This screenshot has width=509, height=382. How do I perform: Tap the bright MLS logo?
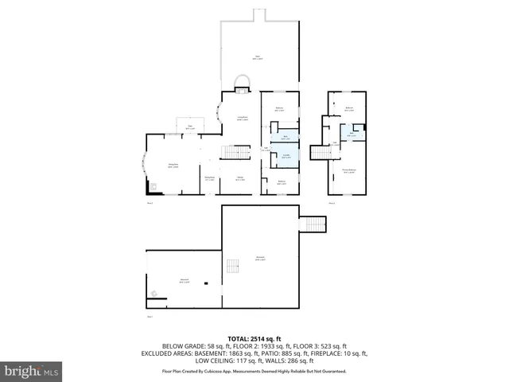click(x=32, y=371)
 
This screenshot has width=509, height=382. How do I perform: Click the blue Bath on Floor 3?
click(x=351, y=131)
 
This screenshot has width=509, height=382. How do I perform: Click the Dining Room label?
click(x=173, y=165)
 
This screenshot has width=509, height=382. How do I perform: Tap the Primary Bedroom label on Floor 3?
click(x=348, y=170)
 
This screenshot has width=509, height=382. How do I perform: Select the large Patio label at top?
click(x=258, y=57)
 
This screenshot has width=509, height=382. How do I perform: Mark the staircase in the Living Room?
click(x=232, y=152)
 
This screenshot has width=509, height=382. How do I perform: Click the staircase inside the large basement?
click(x=233, y=266)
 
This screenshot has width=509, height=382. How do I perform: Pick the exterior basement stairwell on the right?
click(x=312, y=225)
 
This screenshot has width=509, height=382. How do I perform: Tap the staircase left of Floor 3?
click(x=321, y=152)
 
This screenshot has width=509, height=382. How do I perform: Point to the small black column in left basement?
click(x=205, y=283)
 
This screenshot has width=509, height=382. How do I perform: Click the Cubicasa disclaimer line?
click(x=254, y=371)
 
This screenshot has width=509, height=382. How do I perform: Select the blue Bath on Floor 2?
click(x=286, y=136)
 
